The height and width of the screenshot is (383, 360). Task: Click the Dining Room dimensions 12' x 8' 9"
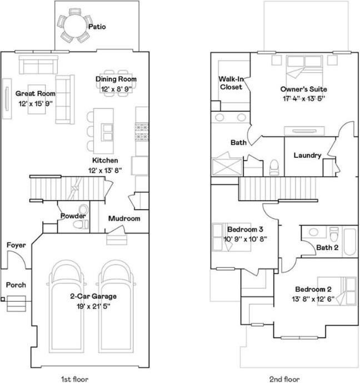(x=116, y=88)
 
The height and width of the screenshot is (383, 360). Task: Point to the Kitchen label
(x=106, y=160)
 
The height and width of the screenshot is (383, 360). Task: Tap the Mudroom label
(x=124, y=218)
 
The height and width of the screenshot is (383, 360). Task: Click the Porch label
(x=16, y=285)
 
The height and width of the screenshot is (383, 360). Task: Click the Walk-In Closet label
(x=231, y=83)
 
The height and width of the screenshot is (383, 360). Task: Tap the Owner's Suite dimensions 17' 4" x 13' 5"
(x=303, y=98)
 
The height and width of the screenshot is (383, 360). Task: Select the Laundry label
(x=307, y=156)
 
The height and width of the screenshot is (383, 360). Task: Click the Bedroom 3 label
(x=245, y=229)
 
